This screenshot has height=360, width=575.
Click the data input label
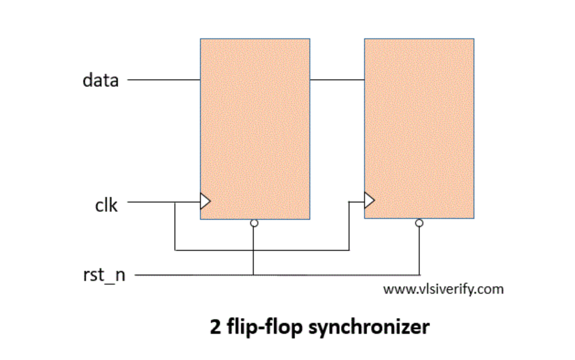coord(100,80)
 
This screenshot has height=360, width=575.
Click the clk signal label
coord(106,205)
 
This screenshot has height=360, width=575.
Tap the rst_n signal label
coord(104,275)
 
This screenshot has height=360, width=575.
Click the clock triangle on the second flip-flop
coord(369,199)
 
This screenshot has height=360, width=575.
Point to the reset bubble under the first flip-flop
coord(254,223)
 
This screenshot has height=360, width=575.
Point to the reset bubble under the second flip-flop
coord(419,223)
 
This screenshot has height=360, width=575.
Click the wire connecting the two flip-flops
coord(337,80)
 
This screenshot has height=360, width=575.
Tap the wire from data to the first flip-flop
coord(164,80)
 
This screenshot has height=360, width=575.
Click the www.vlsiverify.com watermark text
coord(443,289)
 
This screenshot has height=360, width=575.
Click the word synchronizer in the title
coord(369,327)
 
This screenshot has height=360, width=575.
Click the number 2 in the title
coord(215,327)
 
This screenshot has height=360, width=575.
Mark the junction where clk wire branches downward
coord(175,202)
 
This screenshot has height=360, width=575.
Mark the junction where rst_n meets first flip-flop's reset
coord(254,275)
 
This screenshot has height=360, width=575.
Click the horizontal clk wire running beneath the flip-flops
coord(261,249)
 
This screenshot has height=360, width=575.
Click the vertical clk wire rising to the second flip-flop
coord(349,225)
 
